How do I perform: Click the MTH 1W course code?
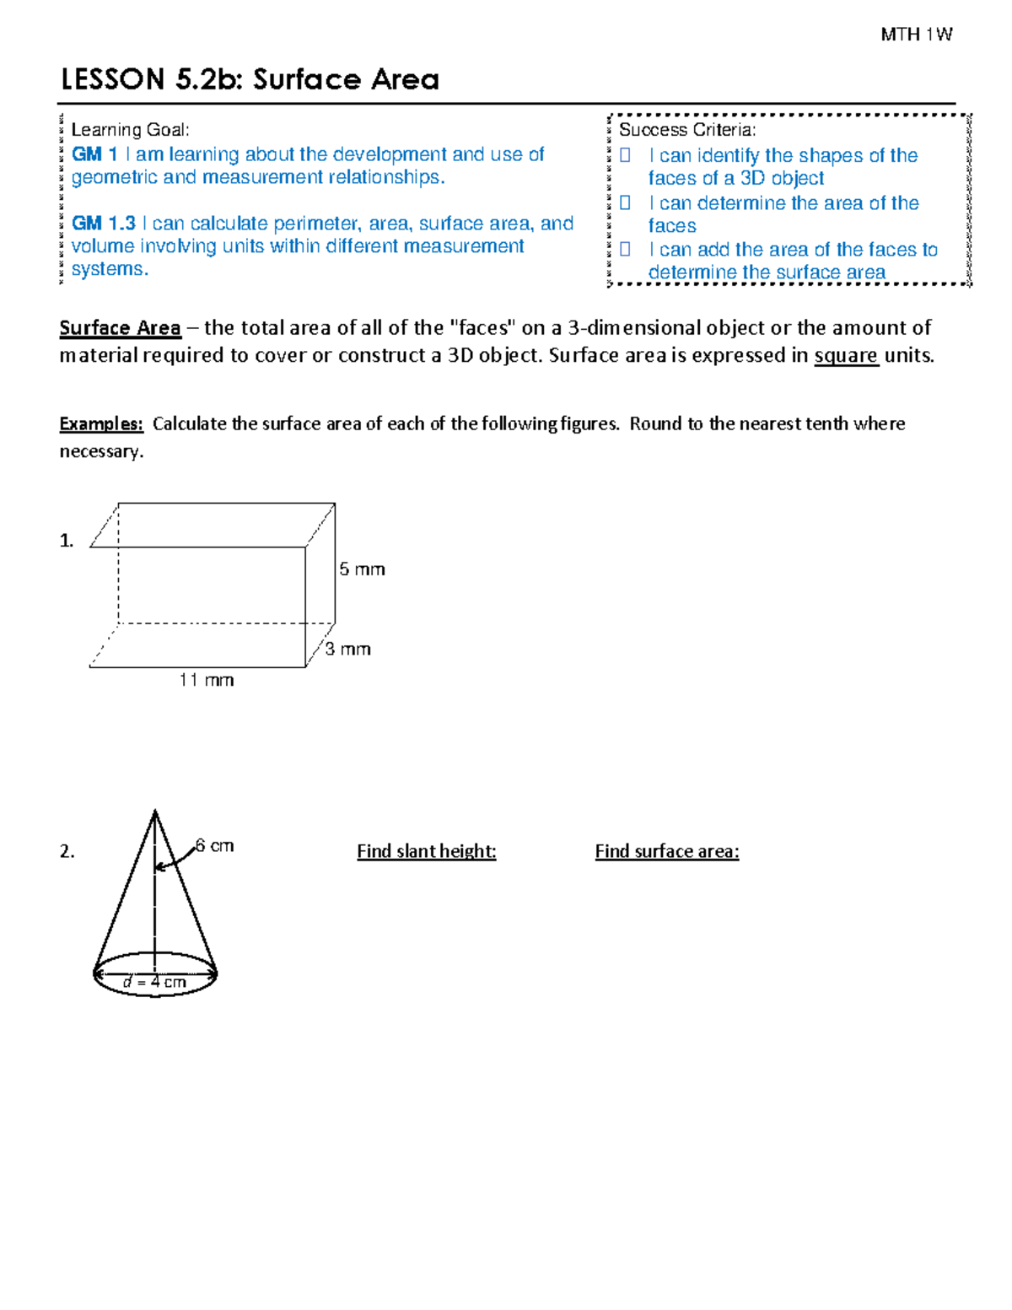916,35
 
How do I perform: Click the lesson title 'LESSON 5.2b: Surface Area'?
250,79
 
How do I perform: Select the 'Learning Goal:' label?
130,130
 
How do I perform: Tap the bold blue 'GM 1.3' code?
103,224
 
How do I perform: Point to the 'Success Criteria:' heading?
686,130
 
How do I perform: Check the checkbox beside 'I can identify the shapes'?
625,155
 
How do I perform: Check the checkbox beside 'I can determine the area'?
625,203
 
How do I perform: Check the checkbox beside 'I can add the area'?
625,250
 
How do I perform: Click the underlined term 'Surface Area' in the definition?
120,328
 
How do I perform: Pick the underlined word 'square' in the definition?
846,356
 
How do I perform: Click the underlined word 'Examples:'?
101,424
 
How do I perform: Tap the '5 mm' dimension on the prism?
362,569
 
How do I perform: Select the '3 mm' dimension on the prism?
348,649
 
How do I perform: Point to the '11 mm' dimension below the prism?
206,680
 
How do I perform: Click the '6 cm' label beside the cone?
214,845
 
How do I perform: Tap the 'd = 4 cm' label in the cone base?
154,982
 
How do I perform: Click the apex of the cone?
154,811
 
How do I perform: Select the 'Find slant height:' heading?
426,851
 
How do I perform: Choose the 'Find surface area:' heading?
666,851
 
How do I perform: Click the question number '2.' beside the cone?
67,852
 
